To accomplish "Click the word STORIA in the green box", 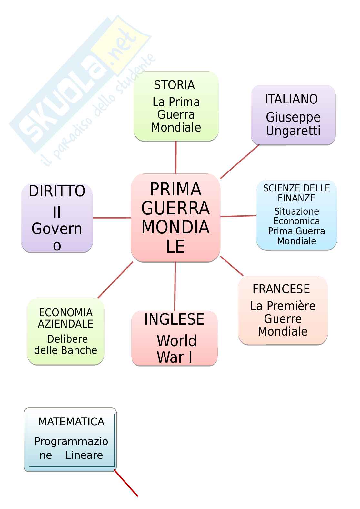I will [174, 85].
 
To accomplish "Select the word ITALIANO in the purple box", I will [291, 99].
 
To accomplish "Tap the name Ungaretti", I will [293, 131].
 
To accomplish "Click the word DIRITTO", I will [57, 191].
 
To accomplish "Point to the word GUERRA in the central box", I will [175, 208].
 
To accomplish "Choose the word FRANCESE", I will [281, 289].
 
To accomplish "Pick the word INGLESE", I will [174, 319].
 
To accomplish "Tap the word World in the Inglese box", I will [176, 341].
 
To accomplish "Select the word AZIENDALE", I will [65, 324].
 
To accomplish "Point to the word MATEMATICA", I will [71, 422].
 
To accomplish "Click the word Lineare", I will [84, 455].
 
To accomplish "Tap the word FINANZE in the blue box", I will [296, 198].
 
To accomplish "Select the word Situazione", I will [296, 211].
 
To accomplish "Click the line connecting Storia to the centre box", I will [176, 157].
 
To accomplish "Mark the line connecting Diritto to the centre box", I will [112, 218].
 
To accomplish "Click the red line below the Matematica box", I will [126, 484].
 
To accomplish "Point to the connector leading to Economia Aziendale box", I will [115, 280].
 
